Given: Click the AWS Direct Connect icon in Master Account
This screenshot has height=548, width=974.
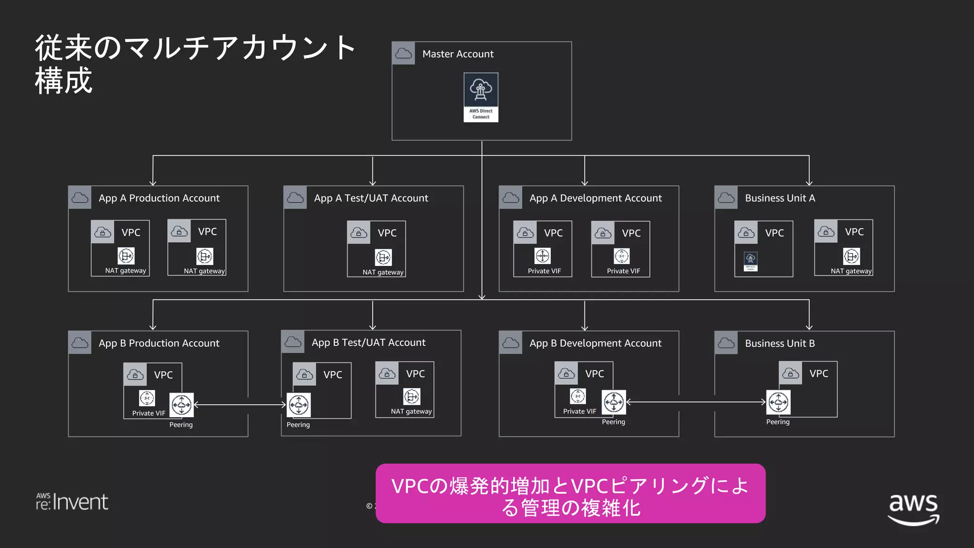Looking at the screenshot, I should [x=481, y=97].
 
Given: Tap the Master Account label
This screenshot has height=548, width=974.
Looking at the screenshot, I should [x=458, y=54].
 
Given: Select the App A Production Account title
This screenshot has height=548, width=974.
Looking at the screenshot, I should [x=159, y=198].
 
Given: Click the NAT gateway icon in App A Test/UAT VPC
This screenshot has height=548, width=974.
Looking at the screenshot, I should [x=383, y=257].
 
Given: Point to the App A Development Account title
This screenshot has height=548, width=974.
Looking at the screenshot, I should [x=595, y=198].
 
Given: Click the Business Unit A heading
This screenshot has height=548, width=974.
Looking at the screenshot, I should [x=779, y=198].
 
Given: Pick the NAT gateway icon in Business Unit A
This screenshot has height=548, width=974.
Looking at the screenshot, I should [x=851, y=256].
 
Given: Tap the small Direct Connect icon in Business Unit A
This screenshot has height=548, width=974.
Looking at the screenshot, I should [x=750, y=261].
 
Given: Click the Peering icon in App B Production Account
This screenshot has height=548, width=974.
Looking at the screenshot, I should [x=181, y=405].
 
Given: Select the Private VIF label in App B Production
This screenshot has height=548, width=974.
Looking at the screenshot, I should [x=148, y=413].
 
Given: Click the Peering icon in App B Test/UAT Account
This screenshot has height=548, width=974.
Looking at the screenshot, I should [x=299, y=405].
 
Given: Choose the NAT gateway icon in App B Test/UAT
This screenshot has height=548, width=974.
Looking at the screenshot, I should [x=411, y=396].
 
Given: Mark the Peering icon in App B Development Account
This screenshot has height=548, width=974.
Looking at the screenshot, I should [x=614, y=402].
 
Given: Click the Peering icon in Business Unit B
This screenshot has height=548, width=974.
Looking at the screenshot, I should [x=778, y=402].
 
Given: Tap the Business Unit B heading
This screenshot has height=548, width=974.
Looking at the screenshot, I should [x=779, y=343].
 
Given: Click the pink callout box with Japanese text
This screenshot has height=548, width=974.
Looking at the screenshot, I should [x=570, y=494].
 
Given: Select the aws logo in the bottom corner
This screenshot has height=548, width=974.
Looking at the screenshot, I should [x=913, y=509].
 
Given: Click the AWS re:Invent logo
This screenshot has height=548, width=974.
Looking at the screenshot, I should [x=72, y=502].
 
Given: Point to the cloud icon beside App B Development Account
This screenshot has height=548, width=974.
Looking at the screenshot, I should [x=511, y=343].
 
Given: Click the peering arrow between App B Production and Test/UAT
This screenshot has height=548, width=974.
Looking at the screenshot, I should [x=240, y=405].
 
